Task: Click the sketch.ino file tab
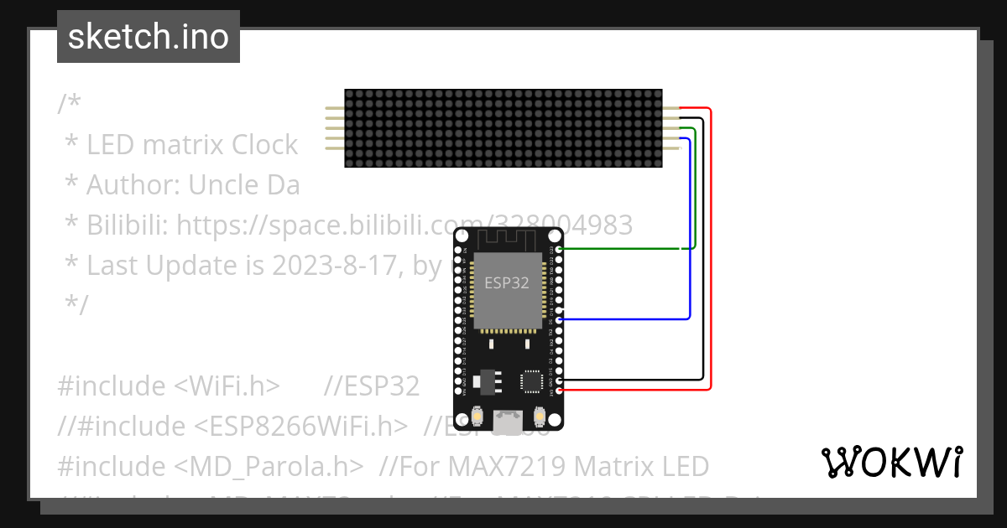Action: [x=149, y=37]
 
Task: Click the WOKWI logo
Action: [x=891, y=462]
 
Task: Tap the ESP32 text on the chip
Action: [x=507, y=282]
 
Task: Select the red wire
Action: [x=711, y=251]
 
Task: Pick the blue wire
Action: [x=690, y=235]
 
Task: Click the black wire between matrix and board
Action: [x=703, y=251]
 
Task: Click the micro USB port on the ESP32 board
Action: [x=507, y=417]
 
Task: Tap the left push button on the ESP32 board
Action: [x=477, y=417]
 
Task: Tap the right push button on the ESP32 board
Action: [x=538, y=417]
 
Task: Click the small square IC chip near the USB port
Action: [x=532, y=381]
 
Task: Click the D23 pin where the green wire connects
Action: [x=559, y=249]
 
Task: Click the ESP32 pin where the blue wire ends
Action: [x=559, y=319]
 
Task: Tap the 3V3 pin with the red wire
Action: [x=559, y=390]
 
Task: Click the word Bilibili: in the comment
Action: [x=117, y=225]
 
